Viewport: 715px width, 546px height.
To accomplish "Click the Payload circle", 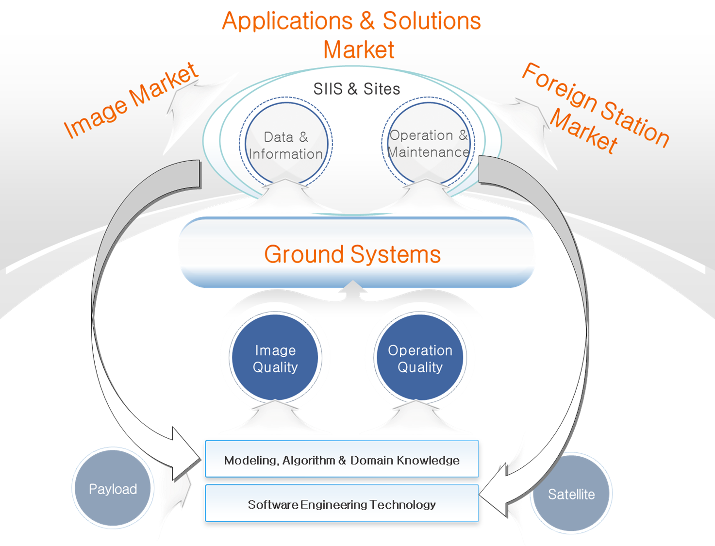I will click(x=113, y=488).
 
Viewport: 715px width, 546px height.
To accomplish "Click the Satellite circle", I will click(x=571, y=494).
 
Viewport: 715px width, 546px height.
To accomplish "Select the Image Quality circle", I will click(x=275, y=358).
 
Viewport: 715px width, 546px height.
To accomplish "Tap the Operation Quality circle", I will click(x=420, y=358).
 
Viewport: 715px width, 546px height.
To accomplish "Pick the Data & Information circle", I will click(x=285, y=145).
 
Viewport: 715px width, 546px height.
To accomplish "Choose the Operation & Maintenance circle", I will click(x=428, y=143).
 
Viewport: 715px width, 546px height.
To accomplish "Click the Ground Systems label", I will click(x=352, y=254).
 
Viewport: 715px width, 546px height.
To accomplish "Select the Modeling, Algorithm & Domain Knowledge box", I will click(x=342, y=459).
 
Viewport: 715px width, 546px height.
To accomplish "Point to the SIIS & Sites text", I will click(x=357, y=89).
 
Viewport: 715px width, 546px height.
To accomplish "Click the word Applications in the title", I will click(x=287, y=21).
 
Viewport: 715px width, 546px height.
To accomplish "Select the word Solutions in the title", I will click(x=432, y=21).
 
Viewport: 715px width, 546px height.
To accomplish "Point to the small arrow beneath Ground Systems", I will click(x=353, y=287).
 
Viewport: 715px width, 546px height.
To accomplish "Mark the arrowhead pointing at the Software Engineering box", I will click(x=493, y=500).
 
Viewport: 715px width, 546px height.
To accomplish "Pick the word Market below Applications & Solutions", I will click(x=359, y=50).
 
